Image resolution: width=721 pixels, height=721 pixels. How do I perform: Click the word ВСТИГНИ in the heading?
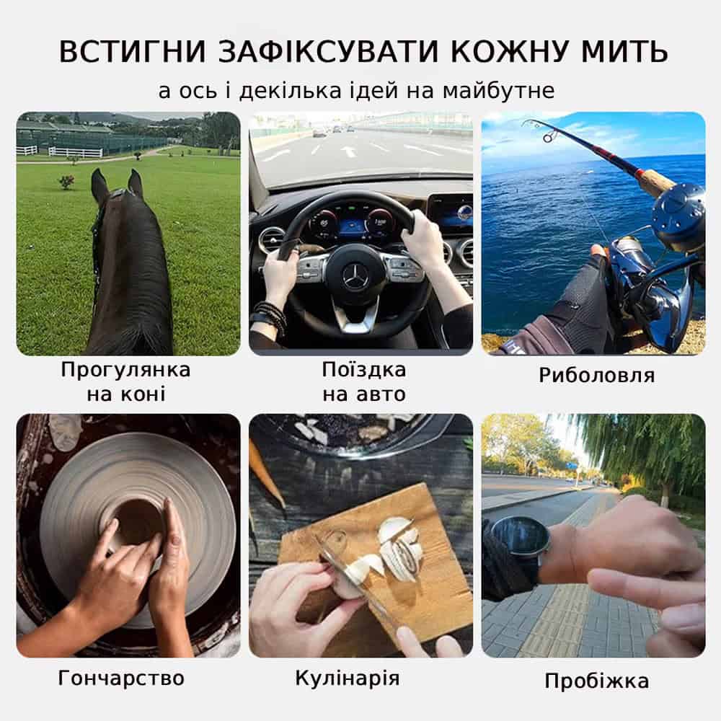pos(133,51)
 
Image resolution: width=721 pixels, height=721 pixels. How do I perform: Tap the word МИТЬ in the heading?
pos(625,51)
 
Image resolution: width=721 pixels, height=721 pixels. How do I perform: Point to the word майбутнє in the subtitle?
pos(498,91)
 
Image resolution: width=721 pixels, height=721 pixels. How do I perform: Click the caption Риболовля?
pos(596,375)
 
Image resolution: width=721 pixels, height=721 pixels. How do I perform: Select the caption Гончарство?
pos(121,678)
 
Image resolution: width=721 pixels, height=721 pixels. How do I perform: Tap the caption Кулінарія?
pos(348,678)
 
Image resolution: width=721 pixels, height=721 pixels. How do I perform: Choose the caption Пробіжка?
pos(596,681)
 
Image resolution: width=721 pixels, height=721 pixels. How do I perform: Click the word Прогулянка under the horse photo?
pos(125,370)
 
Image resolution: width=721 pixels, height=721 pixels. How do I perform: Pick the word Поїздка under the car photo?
pos(363,370)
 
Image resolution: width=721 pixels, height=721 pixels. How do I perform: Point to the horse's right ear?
pos(136,183)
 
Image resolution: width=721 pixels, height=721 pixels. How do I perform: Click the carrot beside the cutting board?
pos(267,473)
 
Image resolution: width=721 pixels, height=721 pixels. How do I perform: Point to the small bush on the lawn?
pos(67,182)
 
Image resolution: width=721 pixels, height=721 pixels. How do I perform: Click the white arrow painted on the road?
pos(348,150)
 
